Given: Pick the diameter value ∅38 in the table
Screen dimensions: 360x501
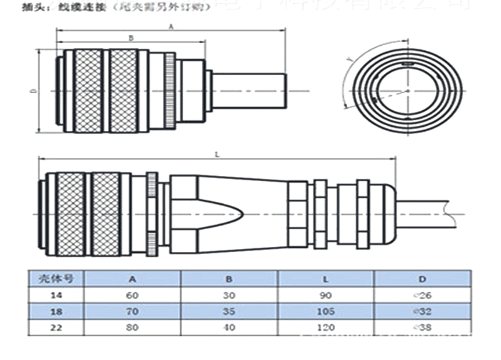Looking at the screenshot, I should coord(423,329).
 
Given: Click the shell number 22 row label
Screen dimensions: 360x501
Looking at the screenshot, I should coord(55,329).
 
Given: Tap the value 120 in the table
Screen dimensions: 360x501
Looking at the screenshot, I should coord(326,329).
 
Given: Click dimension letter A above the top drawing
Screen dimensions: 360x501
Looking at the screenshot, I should coord(171,26).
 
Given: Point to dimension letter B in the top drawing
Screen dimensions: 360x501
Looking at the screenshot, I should coord(130,38).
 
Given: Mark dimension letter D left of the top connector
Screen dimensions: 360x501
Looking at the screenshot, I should coord(33,91).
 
